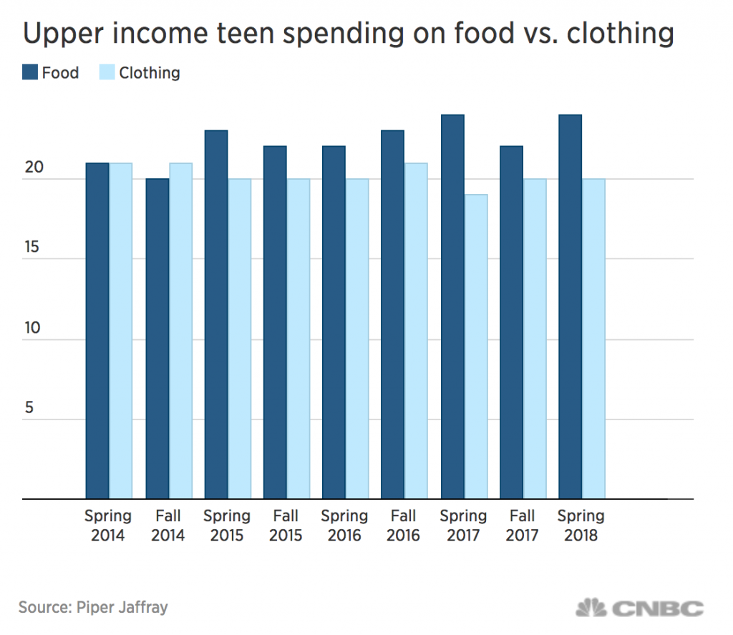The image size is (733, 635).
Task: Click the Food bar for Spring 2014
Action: (x=97, y=330)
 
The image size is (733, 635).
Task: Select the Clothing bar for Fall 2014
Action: (x=180, y=330)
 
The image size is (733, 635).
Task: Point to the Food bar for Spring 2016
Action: (x=334, y=321)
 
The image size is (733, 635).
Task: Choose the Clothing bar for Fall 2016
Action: (x=416, y=330)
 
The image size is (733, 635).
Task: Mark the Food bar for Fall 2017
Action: (x=511, y=321)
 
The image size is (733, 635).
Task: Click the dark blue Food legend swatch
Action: (x=29, y=72)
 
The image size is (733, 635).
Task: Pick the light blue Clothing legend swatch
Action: (x=106, y=72)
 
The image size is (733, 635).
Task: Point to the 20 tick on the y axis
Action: (x=34, y=169)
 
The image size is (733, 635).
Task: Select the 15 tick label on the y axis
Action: (x=34, y=249)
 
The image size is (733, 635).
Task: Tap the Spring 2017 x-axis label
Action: (x=463, y=525)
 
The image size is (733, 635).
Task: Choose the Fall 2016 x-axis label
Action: (x=404, y=525)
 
